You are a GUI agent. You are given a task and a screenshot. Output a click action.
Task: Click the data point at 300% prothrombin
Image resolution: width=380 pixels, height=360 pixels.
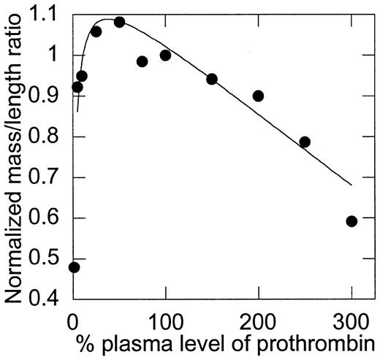pos(351,221)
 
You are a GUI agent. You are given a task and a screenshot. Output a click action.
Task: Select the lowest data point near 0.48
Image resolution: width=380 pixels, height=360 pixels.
pos(74,267)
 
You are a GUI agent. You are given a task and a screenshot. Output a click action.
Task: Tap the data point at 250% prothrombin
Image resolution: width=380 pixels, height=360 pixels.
pos(305,142)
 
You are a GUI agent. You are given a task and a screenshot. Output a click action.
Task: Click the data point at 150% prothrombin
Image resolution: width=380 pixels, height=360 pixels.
pos(212,79)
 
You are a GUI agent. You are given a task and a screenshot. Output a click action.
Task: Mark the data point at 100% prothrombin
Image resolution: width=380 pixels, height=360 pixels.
pos(165,55)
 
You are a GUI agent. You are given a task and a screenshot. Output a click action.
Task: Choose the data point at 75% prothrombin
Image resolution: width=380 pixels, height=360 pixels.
pos(142,61)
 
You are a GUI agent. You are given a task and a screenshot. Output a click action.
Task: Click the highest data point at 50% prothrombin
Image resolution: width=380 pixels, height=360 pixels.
pos(119,22)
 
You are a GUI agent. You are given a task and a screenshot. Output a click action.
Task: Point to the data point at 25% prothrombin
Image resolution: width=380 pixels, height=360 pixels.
pos(96,31)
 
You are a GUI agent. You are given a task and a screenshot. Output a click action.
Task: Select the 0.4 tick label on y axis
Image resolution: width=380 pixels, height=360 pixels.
pos(47,299)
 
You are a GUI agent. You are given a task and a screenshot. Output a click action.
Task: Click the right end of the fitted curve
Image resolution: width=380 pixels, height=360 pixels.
pos(351,185)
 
